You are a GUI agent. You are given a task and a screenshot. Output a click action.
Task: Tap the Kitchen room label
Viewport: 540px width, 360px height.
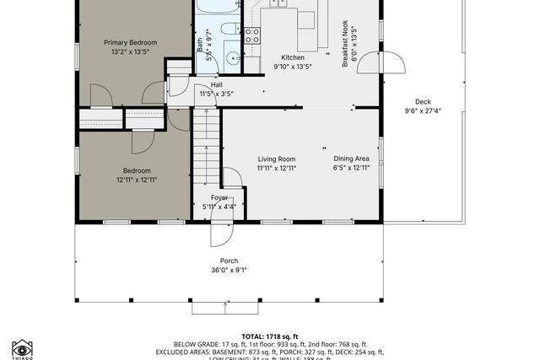tap(292, 57)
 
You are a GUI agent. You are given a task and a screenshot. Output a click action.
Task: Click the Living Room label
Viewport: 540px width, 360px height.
tap(276, 159)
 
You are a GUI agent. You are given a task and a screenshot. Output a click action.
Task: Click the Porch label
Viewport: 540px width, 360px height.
tap(229, 261)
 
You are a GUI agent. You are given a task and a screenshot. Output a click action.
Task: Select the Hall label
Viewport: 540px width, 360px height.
tap(216, 84)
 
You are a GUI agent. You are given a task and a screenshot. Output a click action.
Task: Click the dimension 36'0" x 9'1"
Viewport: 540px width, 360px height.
tap(229, 271)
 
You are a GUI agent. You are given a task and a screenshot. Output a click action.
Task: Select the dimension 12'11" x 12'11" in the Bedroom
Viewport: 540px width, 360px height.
tap(137, 180)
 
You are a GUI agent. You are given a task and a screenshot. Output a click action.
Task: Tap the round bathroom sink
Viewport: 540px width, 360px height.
tap(233, 60)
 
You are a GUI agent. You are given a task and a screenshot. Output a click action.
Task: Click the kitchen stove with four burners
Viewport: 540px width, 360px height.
tap(252, 35)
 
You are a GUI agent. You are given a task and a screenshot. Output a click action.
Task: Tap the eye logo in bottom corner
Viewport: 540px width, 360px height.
tap(21, 348)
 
